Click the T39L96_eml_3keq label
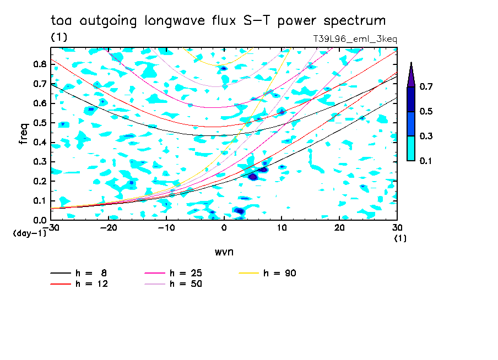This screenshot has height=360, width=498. click(x=354, y=39)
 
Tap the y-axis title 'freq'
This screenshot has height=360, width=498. click(x=24, y=134)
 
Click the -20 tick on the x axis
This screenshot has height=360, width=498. click(x=109, y=228)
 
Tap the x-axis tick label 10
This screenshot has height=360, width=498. click(x=282, y=228)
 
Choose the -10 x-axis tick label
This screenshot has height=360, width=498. click(x=166, y=228)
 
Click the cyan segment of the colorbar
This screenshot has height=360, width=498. click(x=410, y=148)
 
